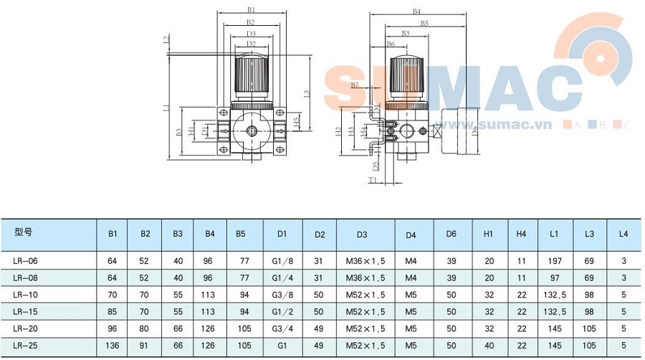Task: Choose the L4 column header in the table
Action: tap(623, 234)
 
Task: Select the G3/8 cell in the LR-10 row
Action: tap(282, 293)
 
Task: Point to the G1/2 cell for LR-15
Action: tap(282, 311)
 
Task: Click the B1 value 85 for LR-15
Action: tap(113, 311)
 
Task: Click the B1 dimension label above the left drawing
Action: tap(251, 10)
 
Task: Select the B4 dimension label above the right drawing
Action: tap(416, 11)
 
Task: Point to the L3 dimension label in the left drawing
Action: tap(306, 93)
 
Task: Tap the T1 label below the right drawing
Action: tap(373, 181)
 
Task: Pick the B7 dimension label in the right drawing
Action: tap(354, 85)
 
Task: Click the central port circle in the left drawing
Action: tap(252, 131)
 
